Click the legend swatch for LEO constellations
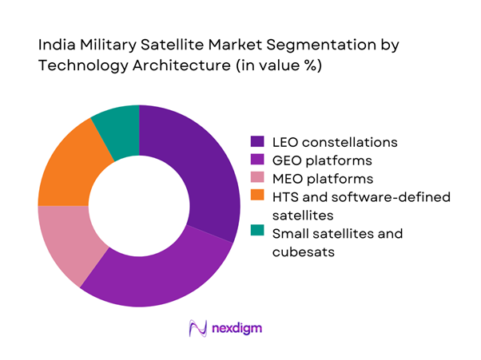pos(257,143)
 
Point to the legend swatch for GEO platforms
pos(257,161)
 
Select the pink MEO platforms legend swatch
pos(257,180)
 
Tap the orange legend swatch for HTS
pos(257,197)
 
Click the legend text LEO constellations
pos(335,143)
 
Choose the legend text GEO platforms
pos(320,161)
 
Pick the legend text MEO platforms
pos(320,180)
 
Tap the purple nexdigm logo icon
pos(197,328)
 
